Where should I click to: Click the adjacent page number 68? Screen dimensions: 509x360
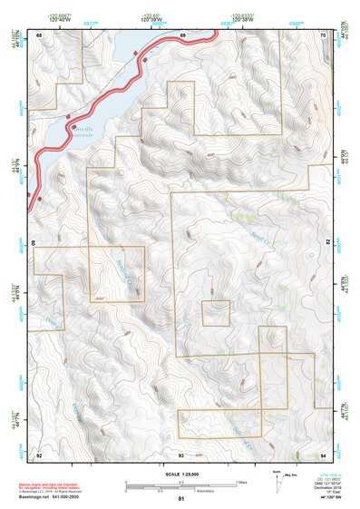[39, 34]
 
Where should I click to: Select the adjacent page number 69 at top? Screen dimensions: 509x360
[182, 34]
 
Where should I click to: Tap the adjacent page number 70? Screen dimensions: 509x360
[324, 34]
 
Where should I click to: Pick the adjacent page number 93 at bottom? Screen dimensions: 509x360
[180, 454]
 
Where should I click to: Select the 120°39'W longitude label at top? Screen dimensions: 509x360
[153, 17]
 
